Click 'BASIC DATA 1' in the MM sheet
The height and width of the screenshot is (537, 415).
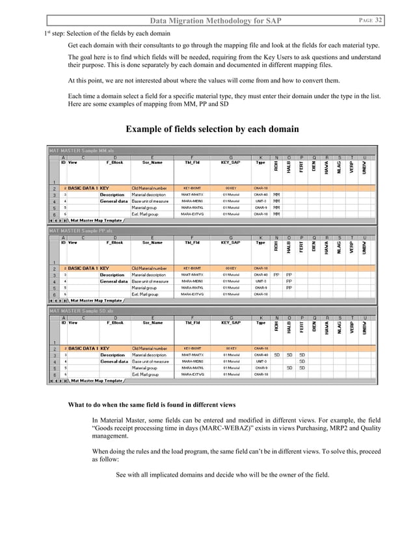(83, 188)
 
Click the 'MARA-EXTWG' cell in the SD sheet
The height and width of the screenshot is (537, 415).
(193, 374)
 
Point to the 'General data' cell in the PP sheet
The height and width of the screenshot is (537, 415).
(113, 281)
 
